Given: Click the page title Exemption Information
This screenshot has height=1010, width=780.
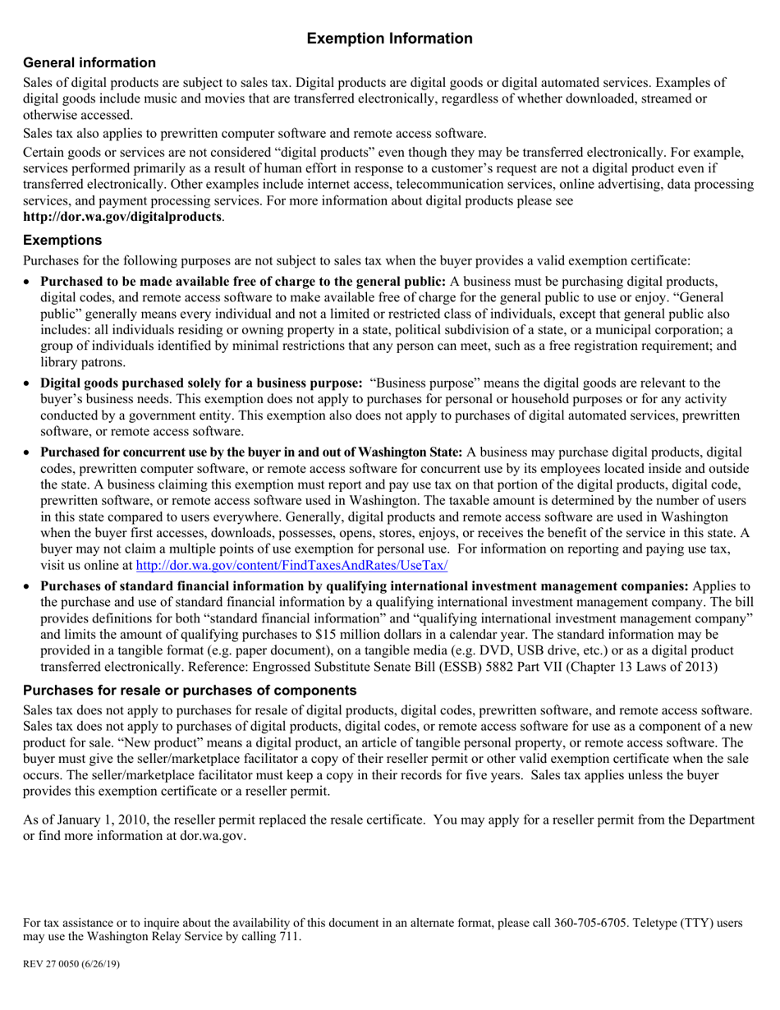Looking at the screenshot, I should tap(389, 39).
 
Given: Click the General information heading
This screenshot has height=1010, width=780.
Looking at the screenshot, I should tap(89, 63).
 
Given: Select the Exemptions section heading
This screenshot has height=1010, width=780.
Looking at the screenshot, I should tap(62, 241).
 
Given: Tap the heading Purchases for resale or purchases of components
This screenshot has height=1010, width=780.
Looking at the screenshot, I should tap(190, 691).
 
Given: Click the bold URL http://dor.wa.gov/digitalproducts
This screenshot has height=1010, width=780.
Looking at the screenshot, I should tap(122, 217).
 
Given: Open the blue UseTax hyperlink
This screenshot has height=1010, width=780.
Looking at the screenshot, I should tap(291, 566).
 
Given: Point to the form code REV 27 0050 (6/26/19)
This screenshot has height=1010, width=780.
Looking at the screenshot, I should tap(71, 964).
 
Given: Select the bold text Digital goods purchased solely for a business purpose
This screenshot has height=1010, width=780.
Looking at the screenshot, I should tap(201, 383).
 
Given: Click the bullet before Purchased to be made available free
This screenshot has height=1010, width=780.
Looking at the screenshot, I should tap(29, 282).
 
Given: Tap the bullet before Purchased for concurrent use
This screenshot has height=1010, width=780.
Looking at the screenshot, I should tap(29, 452).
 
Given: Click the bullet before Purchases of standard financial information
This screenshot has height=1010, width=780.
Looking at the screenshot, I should tap(29, 586).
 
